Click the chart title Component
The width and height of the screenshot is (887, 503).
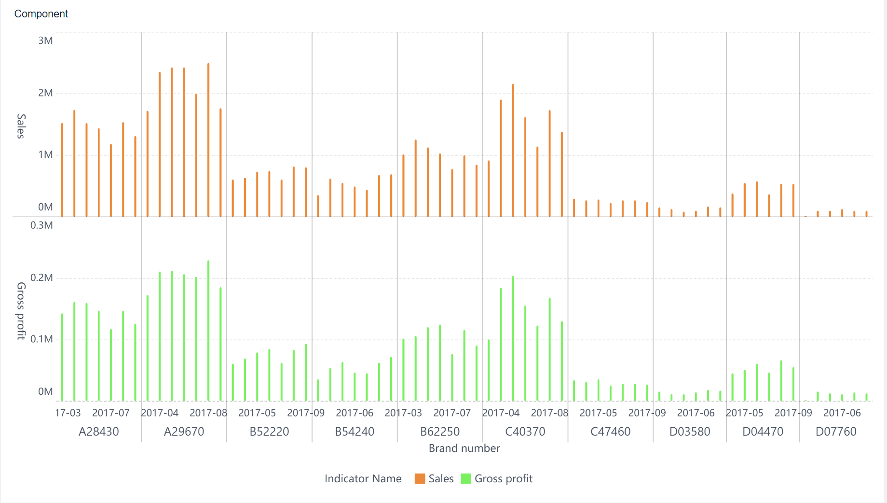41,14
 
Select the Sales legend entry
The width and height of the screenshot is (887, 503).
434,478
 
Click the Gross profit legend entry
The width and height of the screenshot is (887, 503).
497,478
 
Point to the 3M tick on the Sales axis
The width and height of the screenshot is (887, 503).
45,41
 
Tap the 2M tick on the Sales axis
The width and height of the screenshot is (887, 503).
45,93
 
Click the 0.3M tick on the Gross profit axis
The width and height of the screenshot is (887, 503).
41,225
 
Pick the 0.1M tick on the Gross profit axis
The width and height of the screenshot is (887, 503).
41,339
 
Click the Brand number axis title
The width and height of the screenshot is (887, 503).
464,448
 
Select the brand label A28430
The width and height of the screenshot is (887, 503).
98,432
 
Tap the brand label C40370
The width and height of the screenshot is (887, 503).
525,432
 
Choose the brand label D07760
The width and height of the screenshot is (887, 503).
836,432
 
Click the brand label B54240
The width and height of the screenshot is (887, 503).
355,432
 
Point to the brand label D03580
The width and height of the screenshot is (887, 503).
690,432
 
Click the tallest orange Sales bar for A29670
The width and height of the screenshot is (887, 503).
208,140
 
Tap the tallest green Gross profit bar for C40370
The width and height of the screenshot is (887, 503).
513,338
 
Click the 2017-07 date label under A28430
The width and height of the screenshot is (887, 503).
111,413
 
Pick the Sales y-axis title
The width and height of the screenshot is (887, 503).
21,126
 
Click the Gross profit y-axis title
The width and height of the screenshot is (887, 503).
21,311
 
